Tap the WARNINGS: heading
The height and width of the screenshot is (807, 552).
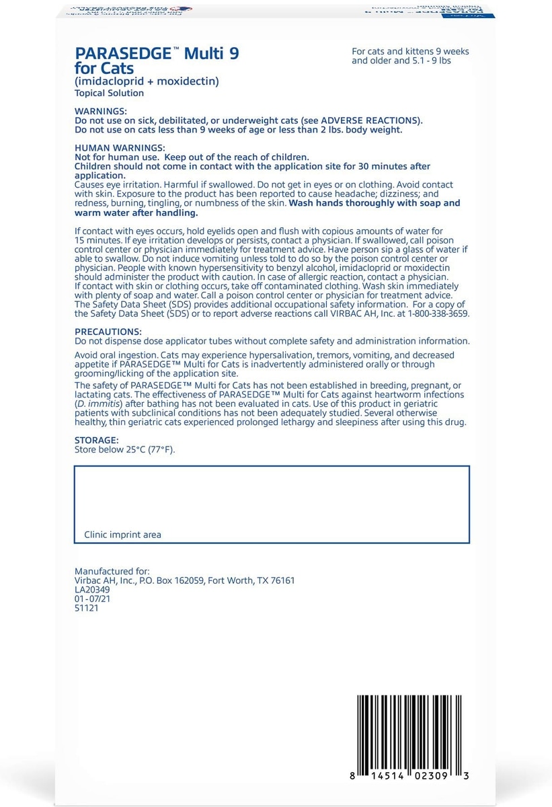[x=100, y=110]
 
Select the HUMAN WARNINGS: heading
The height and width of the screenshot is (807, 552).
[x=117, y=147]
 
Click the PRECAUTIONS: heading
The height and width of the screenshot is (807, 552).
[x=108, y=332]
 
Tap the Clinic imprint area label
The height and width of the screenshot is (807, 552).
[x=122, y=535]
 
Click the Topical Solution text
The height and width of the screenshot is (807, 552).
[x=109, y=93]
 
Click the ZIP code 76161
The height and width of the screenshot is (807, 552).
[x=280, y=580]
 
